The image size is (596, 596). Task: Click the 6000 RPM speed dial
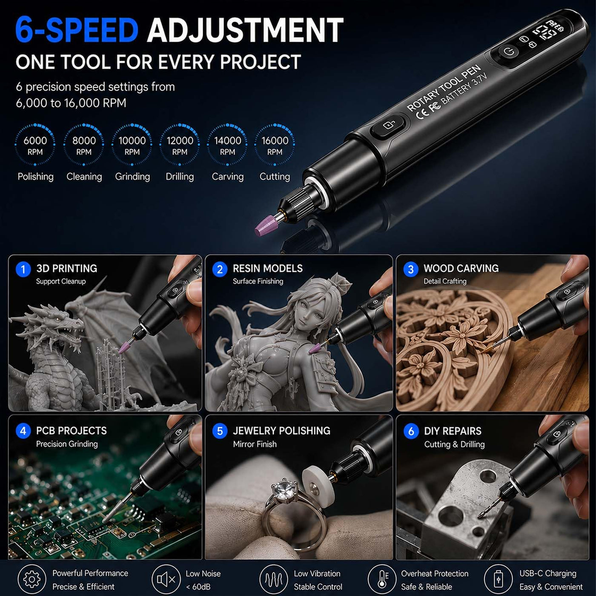pos(35,144)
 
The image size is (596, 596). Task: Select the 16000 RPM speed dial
pos(275,144)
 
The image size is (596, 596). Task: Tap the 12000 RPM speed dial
pos(180,144)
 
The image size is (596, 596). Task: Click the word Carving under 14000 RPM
pos(228,177)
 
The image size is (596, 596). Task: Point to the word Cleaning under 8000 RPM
pos(84,177)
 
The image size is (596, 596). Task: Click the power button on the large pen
pos(508,52)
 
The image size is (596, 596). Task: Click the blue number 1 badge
pos(23,269)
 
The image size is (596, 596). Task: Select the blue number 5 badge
pos(220,431)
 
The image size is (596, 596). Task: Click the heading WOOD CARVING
pos(461,269)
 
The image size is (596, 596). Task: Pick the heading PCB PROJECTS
pos(72,431)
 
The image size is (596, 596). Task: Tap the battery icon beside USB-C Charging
pos(498,579)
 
